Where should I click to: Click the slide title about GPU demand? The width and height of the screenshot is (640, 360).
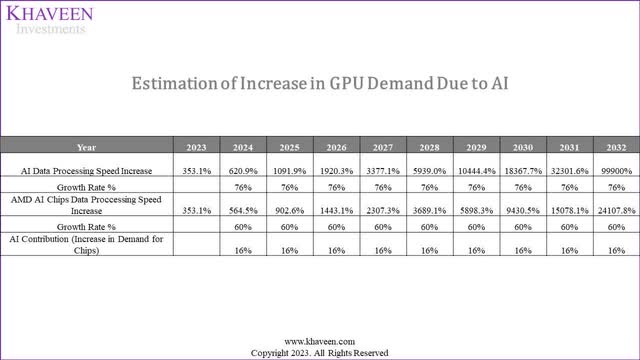[x=320, y=84]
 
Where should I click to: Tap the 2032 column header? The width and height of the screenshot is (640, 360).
[x=615, y=147]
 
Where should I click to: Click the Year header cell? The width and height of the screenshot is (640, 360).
[x=88, y=147]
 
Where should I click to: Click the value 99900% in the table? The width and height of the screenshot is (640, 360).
[x=615, y=171]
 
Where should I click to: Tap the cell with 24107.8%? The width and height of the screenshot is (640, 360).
[x=615, y=211]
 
